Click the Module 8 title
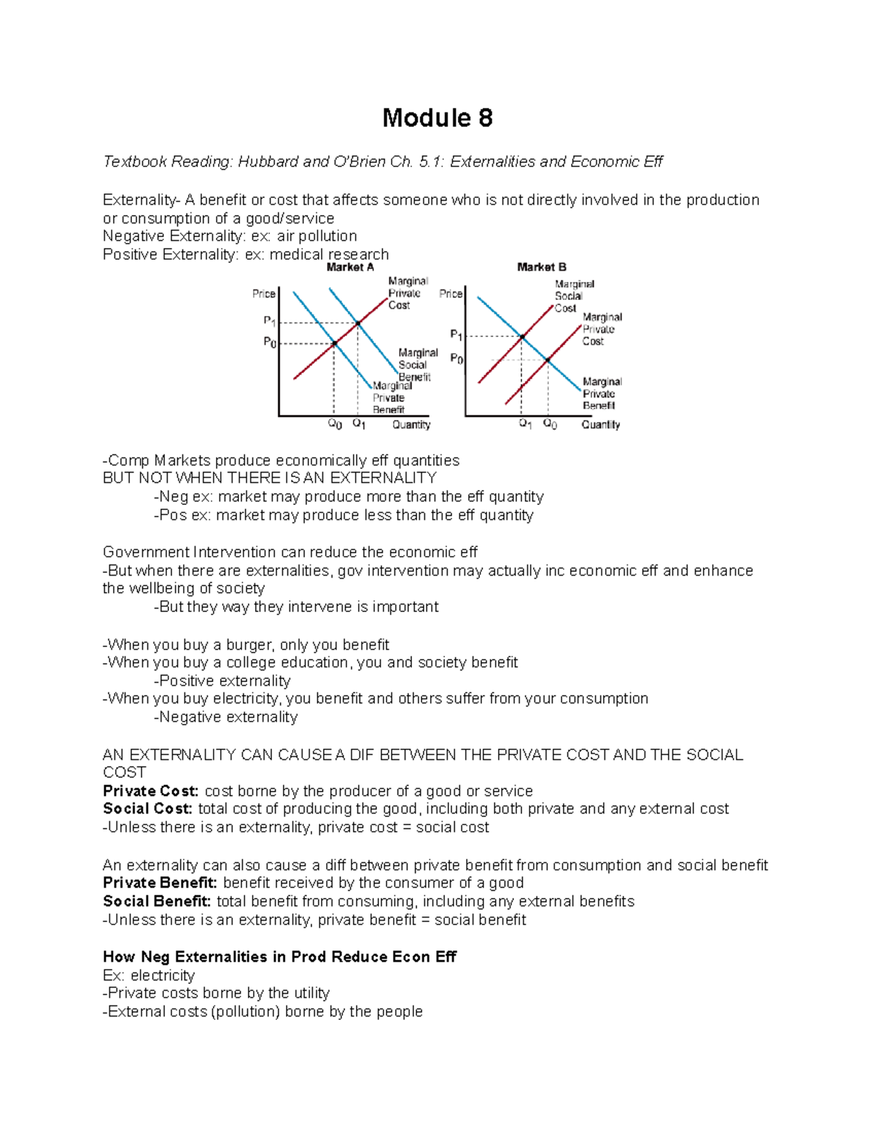(x=437, y=117)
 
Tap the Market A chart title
(x=350, y=268)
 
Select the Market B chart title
(x=541, y=268)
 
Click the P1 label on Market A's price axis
(x=269, y=321)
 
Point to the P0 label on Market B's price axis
(x=456, y=359)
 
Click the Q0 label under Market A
(x=335, y=425)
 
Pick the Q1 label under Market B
(x=525, y=424)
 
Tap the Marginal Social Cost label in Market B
(x=573, y=296)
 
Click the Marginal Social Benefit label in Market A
(x=417, y=365)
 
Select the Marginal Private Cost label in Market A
(x=408, y=293)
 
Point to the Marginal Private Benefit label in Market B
(x=602, y=394)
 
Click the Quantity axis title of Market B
(x=600, y=425)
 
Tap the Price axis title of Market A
(x=263, y=293)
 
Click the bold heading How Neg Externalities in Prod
(x=279, y=956)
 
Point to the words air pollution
(x=316, y=236)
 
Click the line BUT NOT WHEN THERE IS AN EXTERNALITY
(x=269, y=479)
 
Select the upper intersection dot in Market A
(x=357, y=323)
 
